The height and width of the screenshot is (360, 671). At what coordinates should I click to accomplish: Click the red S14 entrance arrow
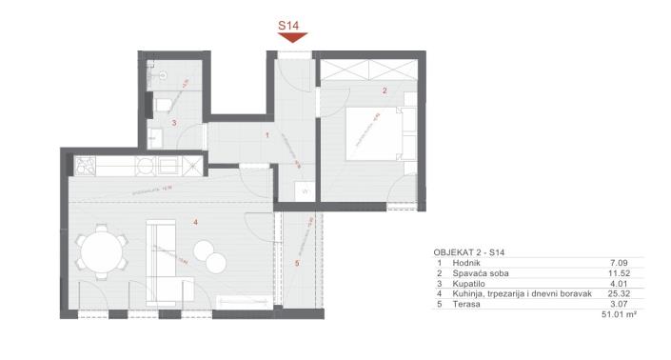click(292, 37)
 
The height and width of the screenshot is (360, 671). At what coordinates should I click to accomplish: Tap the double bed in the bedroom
click(374, 132)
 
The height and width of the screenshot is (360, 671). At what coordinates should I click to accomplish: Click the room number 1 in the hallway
click(267, 135)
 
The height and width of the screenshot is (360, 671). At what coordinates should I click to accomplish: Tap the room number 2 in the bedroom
click(384, 91)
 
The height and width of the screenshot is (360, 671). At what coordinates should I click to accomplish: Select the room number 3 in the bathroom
click(174, 123)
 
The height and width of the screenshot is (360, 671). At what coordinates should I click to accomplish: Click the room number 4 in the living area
click(194, 223)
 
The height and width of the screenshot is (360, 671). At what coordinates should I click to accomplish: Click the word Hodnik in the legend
click(467, 262)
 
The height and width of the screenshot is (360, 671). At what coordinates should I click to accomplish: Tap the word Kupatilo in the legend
click(470, 283)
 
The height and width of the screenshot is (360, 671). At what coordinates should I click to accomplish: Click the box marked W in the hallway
click(306, 190)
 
